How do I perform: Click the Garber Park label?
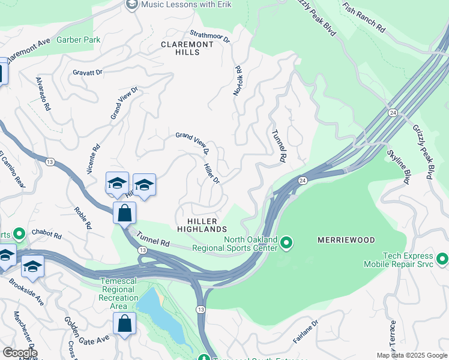[79, 40]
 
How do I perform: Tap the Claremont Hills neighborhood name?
[187, 49]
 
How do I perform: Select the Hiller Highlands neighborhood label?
[202, 224]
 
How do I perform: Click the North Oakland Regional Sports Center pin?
[287, 242]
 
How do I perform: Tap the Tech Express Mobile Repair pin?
[442, 259]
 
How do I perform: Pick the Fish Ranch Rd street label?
[364, 17]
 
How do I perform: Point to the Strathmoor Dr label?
[209, 38]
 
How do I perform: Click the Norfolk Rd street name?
[237, 81]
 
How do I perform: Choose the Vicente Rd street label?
[93, 159]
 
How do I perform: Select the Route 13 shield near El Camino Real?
[50, 161]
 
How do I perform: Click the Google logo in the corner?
[19, 353]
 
